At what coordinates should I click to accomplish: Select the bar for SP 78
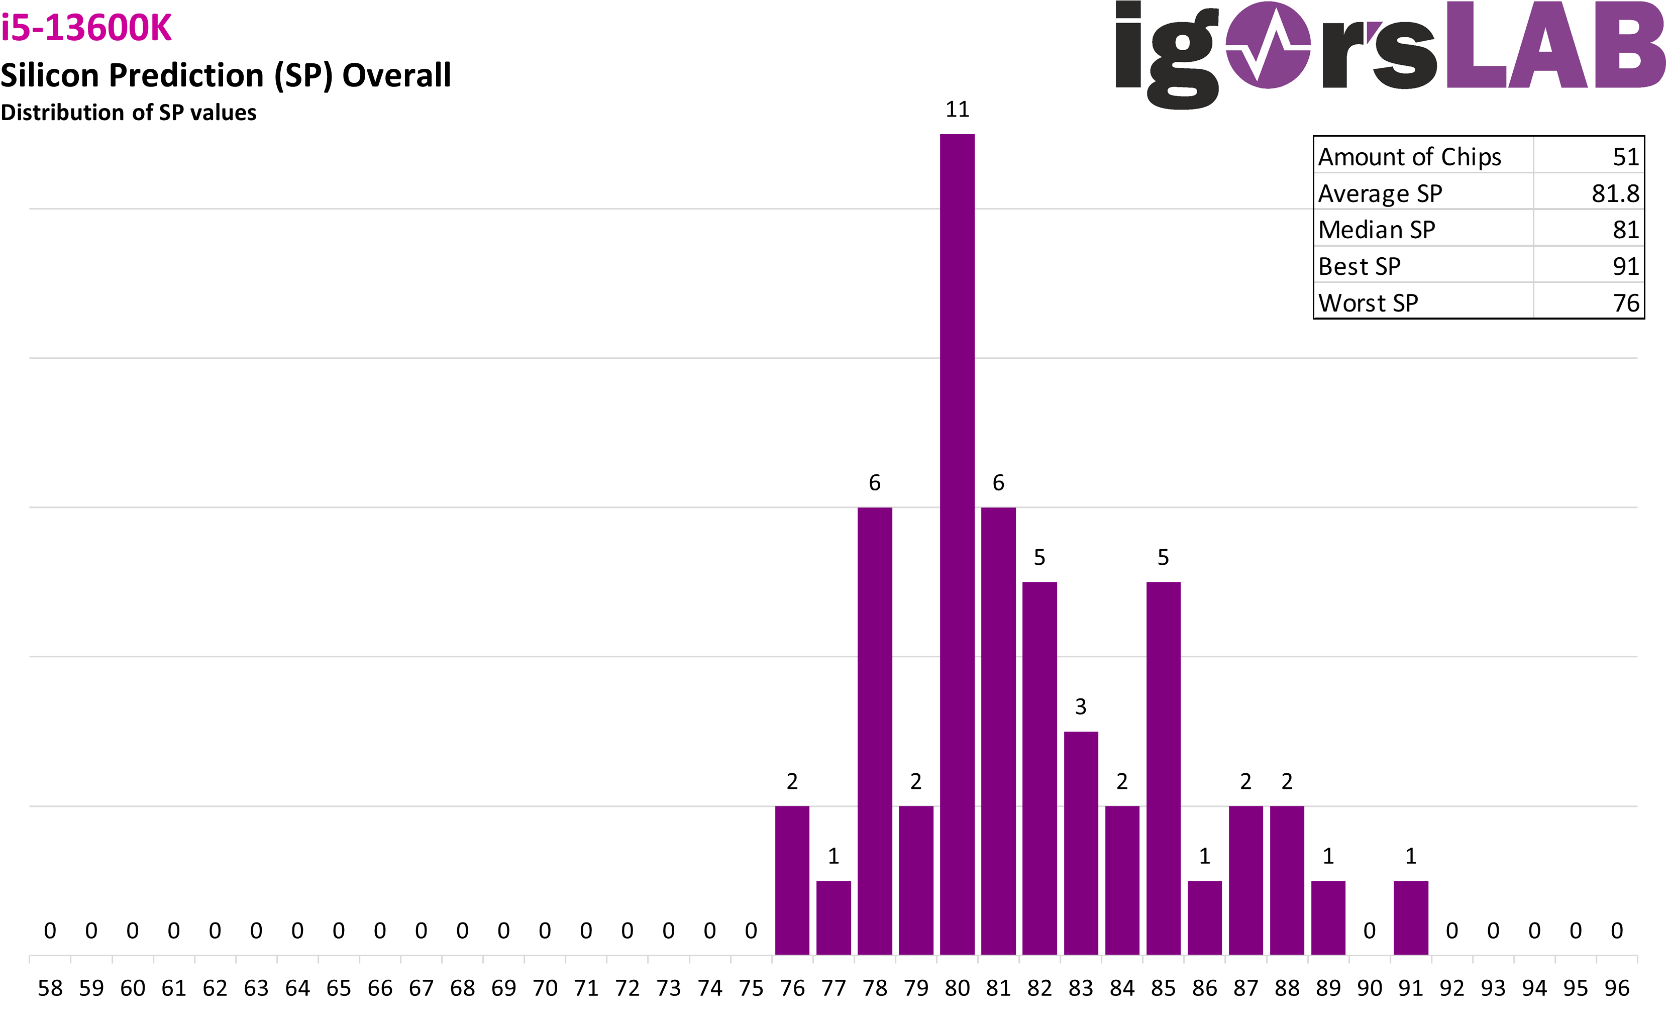pyautogui.click(x=874, y=730)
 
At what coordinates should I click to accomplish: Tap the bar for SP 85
pyautogui.click(x=1163, y=767)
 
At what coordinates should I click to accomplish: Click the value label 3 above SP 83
pyautogui.click(x=1081, y=706)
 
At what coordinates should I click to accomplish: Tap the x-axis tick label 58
pyautogui.click(x=50, y=988)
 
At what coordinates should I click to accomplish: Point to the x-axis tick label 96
pyautogui.click(x=1617, y=988)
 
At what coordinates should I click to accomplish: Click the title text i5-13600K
pyautogui.click(x=86, y=29)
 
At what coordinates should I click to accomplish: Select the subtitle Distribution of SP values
pyautogui.click(x=129, y=112)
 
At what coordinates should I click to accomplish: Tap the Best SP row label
pyautogui.click(x=1359, y=266)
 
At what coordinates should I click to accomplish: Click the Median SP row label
pyautogui.click(x=1377, y=230)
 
